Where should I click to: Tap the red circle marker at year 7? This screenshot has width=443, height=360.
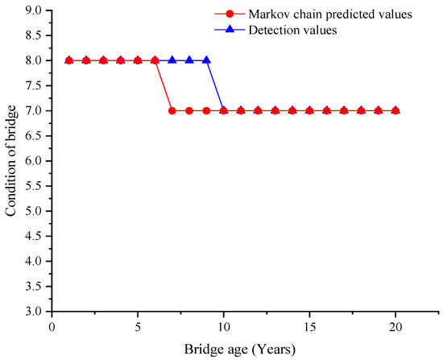coord(172,110)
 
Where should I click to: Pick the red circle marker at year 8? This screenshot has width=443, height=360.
coord(189,110)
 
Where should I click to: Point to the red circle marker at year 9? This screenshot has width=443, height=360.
coord(206,110)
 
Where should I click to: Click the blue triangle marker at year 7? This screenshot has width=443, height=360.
coord(172,60)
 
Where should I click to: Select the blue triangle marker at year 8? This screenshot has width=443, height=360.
coord(189,60)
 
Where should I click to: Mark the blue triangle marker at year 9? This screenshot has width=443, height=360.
coord(206,60)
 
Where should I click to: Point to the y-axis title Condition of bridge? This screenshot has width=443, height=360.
coord(11,160)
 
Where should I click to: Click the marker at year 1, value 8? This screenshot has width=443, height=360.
coord(69,60)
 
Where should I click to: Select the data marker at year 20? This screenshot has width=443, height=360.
coord(395,110)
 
